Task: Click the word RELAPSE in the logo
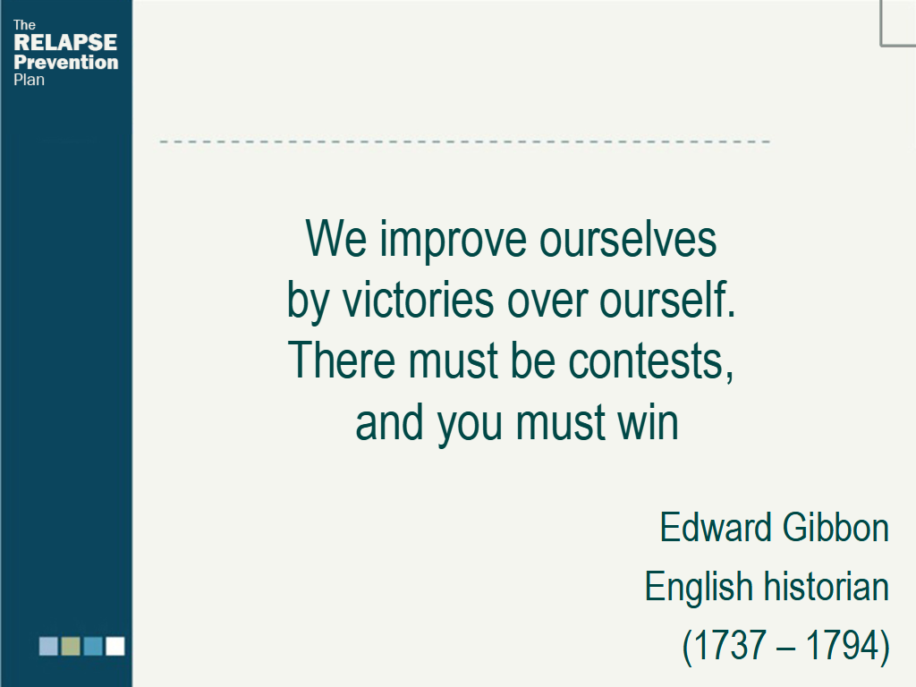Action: point(65,42)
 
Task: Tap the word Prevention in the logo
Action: point(66,62)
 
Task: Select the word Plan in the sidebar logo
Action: point(30,80)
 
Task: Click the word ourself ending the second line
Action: point(667,299)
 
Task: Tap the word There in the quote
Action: point(342,360)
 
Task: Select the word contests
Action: point(651,361)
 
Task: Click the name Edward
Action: point(716,527)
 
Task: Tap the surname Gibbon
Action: point(836,527)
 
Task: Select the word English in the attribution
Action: point(699,588)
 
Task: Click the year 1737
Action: point(730,645)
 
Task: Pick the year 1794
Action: point(841,645)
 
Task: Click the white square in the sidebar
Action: point(115,646)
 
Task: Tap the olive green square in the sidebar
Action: point(71,646)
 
